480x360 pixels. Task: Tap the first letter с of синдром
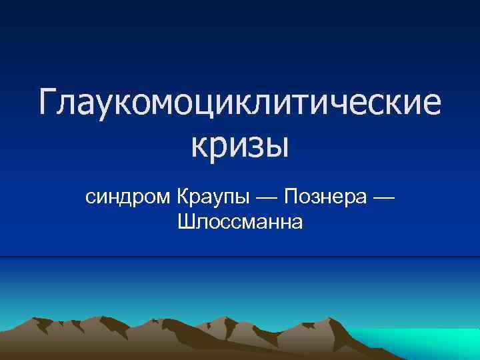90,199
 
